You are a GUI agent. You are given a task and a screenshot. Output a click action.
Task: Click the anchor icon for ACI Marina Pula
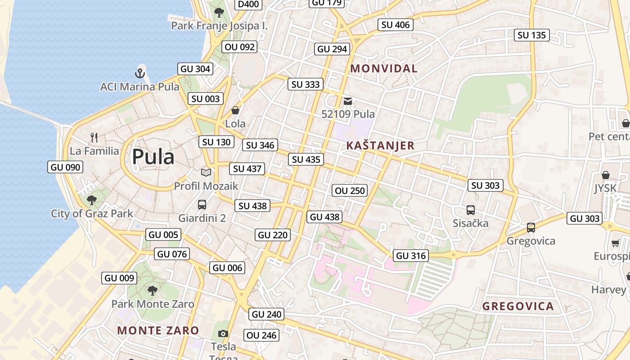point(140,72)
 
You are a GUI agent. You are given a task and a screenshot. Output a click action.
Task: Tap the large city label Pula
point(153,157)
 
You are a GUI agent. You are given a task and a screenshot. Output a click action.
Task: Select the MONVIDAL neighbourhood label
point(384,69)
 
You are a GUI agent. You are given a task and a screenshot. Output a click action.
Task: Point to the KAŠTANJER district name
point(380,146)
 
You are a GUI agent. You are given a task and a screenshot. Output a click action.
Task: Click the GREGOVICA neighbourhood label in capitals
point(518,306)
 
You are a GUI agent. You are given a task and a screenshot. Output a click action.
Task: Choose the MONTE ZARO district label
point(158,330)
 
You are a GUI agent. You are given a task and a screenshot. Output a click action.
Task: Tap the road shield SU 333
point(306,84)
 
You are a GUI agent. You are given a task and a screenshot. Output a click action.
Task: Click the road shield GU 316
point(411,256)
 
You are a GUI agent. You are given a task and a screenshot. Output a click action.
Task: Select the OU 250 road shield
point(350,190)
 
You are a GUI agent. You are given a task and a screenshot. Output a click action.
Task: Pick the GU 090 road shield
point(65,167)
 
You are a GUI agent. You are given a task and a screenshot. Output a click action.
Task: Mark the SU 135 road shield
point(531,35)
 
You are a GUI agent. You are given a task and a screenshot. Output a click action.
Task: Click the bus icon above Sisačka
point(470,210)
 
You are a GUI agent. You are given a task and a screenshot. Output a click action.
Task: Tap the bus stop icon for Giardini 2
point(202,205)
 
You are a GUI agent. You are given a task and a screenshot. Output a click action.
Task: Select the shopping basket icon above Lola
point(235,110)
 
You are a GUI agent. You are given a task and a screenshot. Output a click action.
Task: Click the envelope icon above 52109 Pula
point(348,101)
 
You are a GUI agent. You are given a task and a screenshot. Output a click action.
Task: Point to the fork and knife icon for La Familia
point(94,138)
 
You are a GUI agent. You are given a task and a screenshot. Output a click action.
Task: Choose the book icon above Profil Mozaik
point(206,172)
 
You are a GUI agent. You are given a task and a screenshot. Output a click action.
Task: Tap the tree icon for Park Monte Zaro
point(153,291)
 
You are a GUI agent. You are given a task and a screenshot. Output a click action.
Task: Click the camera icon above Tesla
point(223,333)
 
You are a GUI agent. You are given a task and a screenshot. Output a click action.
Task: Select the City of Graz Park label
point(92,213)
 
